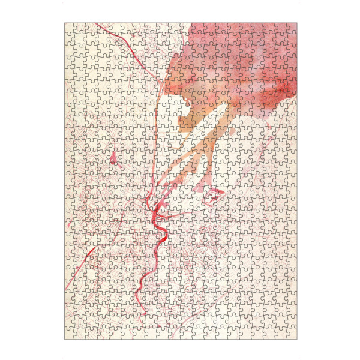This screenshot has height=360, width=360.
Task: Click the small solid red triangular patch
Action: tap(113, 158)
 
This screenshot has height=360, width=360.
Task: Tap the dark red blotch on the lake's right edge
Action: tap(289, 90)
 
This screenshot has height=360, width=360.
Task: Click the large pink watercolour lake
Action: tap(240, 60)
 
